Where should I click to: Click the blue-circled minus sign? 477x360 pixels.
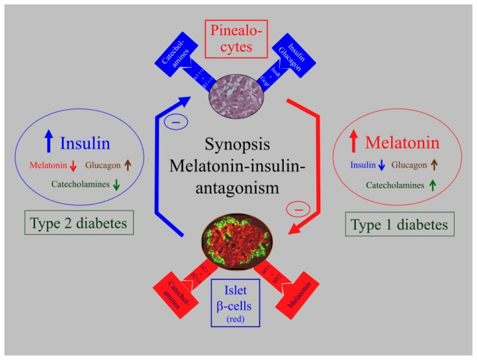coord(177,122)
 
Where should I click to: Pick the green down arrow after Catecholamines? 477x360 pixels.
coord(116,186)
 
